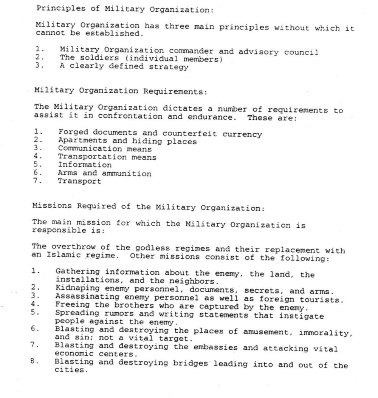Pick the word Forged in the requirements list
pos(73,132)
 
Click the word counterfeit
pos(190,134)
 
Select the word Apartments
pos(80,140)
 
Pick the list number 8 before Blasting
pos(33,361)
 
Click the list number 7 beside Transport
pos(36,181)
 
